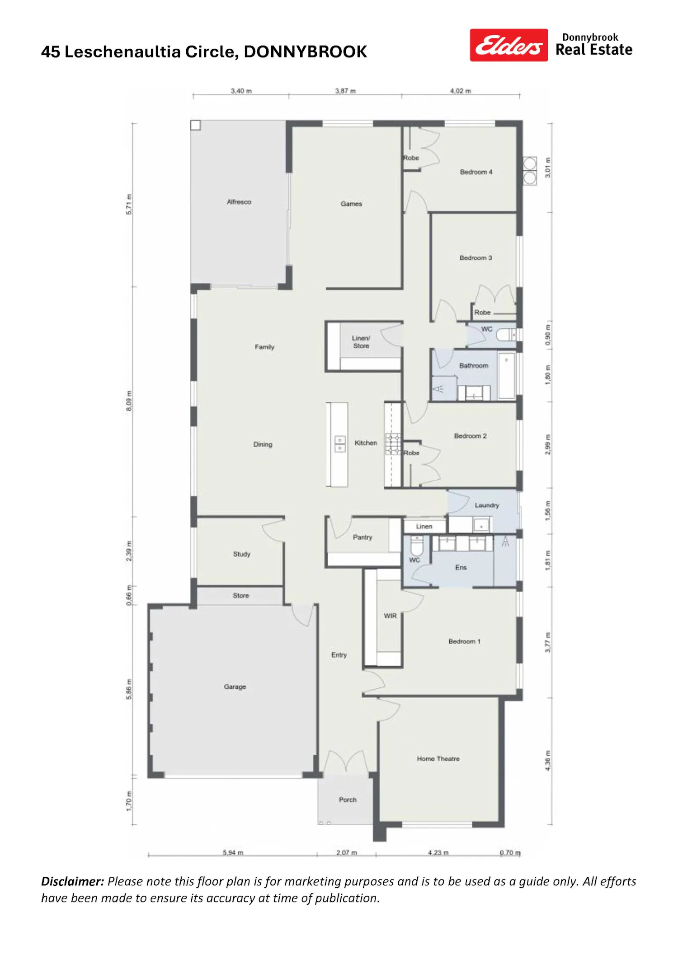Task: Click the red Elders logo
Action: (x=508, y=45)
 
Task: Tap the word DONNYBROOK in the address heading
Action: (x=306, y=52)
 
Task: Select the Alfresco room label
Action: (x=239, y=202)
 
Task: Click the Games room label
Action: (x=351, y=204)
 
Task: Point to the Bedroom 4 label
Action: (x=476, y=172)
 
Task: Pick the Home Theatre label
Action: (x=438, y=759)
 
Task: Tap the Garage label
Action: (x=235, y=687)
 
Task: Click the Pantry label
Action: (x=363, y=537)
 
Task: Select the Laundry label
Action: (x=487, y=505)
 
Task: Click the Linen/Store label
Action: (x=361, y=342)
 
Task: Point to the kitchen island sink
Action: (x=340, y=444)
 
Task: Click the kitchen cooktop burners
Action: (x=393, y=444)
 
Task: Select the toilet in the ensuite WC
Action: (x=417, y=546)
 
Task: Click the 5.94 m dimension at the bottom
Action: (x=233, y=852)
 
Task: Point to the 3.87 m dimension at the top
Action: (x=345, y=91)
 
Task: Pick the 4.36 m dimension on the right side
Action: (x=548, y=761)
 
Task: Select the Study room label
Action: (x=242, y=554)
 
